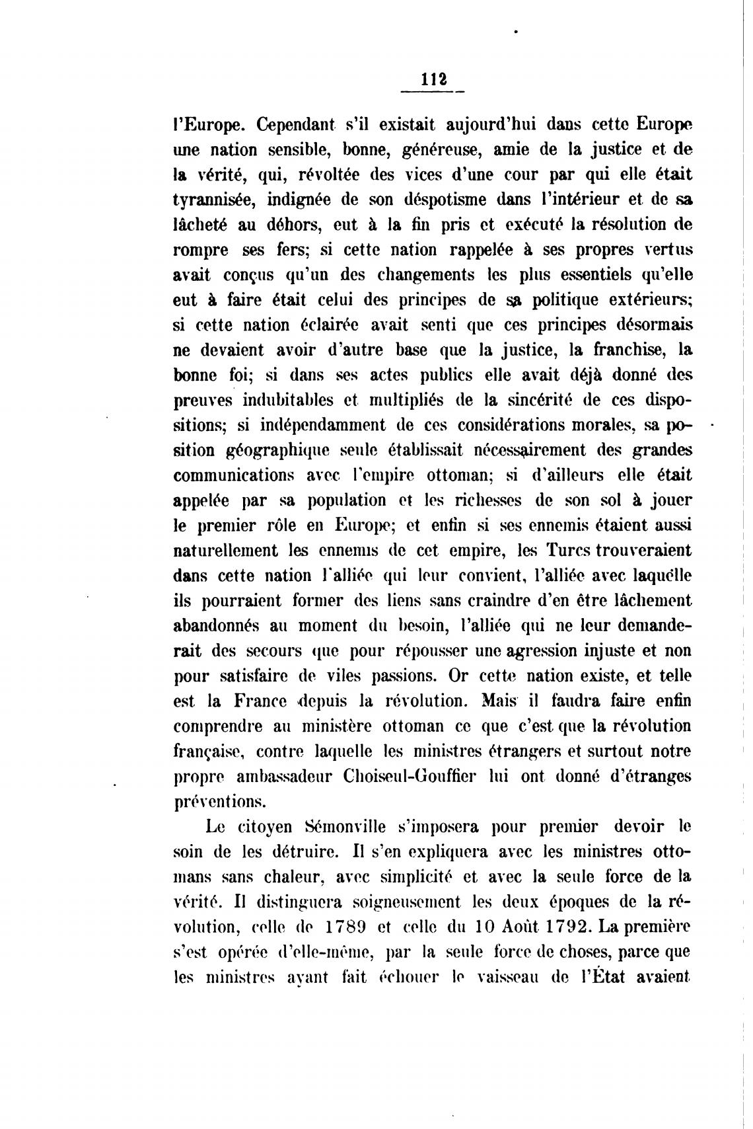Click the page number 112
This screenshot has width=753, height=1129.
(433, 79)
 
